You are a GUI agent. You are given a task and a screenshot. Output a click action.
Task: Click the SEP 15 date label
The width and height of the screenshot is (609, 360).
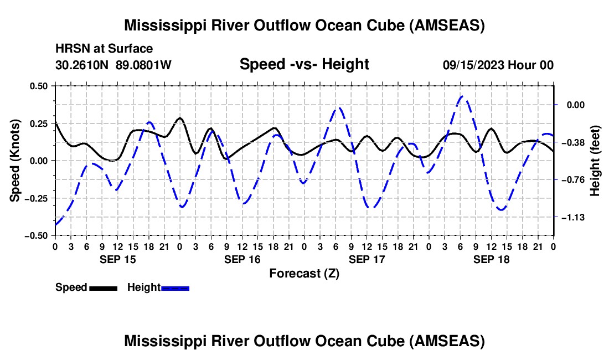(118, 259)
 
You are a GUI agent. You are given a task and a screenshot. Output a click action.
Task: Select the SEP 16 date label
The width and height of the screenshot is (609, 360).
(242, 259)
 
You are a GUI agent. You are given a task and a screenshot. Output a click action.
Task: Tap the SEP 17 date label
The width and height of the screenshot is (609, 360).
(367, 259)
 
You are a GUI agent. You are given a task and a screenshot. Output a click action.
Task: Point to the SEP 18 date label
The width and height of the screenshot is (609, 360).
(491, 259)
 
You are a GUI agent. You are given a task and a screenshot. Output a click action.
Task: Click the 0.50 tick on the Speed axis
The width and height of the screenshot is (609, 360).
(39, 86)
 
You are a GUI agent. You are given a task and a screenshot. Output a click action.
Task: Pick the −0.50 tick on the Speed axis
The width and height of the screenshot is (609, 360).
(36, 236)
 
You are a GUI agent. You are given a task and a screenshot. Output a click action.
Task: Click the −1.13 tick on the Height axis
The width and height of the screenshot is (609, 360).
(573, 218)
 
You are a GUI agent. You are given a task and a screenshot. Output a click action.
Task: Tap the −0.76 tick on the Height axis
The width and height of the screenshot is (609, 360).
(573, 180)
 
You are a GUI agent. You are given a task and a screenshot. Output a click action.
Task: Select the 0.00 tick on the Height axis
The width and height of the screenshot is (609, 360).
(576, 105)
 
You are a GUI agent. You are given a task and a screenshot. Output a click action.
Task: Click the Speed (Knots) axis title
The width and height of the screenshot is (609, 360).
(15, 161)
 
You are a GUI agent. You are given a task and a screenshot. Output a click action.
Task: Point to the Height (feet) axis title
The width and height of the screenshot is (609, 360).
(595, 161)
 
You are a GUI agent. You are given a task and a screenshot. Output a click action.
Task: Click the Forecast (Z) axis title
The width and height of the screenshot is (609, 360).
(304, 274)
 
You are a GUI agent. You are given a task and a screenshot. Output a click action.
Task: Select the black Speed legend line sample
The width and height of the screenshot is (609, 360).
(104, 288)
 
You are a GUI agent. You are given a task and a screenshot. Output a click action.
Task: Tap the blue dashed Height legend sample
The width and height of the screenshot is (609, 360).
(175, 288)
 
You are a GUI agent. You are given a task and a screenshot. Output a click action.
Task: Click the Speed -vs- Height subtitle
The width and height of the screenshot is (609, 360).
(304, 64)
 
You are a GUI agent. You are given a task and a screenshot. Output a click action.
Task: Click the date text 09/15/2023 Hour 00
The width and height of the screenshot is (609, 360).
(498, 65)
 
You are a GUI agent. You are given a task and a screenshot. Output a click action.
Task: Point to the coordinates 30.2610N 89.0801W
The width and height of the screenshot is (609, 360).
(113, 65)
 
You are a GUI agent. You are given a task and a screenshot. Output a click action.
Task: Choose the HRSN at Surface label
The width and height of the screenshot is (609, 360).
(104, 49)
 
